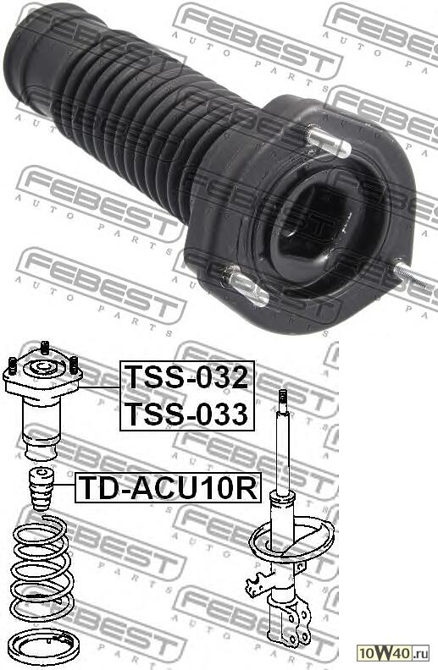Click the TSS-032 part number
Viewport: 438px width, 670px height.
click(186, 376)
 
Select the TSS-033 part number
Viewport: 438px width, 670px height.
click(186, 414)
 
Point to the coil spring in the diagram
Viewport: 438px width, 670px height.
click(42, 562)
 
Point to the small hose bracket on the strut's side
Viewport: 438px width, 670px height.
click(255, 582)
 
